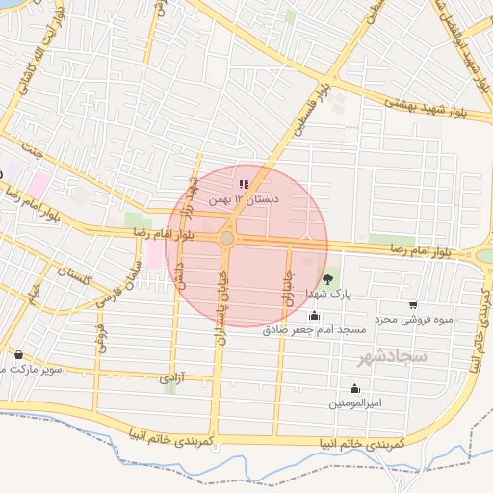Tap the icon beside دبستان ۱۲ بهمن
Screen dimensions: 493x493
(243, 183)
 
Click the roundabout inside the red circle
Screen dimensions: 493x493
(227, 238)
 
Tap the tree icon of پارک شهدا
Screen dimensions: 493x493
(329, 278)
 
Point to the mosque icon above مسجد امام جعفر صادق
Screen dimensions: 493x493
(314, 315)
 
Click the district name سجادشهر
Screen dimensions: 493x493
(392, 357)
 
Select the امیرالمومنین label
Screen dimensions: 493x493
(354, 402)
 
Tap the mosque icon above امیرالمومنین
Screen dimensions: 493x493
(354, 388)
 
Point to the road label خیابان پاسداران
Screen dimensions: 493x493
(218, 294)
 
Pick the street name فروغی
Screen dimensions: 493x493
(98, 336)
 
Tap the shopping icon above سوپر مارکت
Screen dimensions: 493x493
(19, 353)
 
